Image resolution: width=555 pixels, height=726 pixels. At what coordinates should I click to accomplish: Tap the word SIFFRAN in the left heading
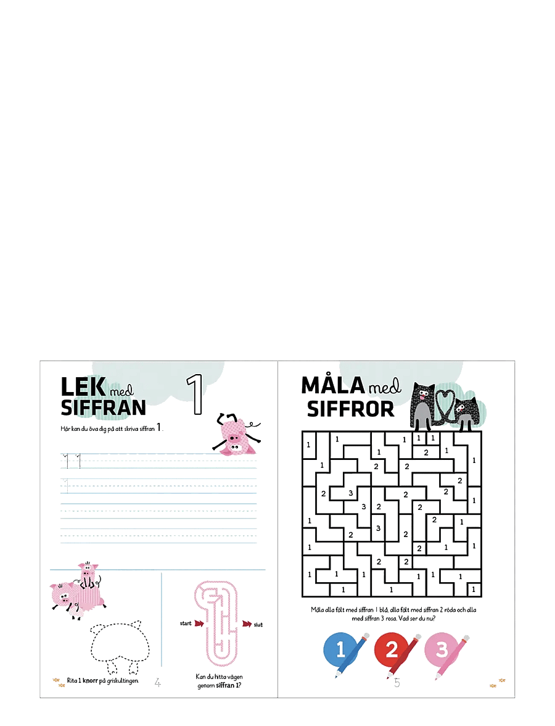point(104,408)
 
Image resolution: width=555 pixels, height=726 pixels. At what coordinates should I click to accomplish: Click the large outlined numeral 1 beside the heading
point(195,394)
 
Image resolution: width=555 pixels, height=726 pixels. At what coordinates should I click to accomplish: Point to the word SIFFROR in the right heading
point(350,409)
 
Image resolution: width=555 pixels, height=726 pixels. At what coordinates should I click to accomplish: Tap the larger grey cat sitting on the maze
point(423,406)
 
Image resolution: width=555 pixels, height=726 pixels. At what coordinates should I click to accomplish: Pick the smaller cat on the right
point(465,414)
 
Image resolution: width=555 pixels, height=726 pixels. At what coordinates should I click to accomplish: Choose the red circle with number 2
point(391,649)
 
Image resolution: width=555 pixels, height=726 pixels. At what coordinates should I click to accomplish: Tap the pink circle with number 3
point(441,649)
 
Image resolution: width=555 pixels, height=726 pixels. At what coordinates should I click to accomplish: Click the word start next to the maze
point(186,624)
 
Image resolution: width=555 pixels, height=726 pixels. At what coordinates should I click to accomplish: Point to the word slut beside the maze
point(258,625)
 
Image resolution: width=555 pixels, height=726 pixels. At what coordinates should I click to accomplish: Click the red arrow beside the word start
point(199,624)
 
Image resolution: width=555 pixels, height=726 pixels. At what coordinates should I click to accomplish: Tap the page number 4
point(158,683)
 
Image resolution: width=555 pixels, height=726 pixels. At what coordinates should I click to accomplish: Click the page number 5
point(397,683)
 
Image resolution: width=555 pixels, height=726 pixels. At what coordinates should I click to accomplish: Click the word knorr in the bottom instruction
point(91,680)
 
